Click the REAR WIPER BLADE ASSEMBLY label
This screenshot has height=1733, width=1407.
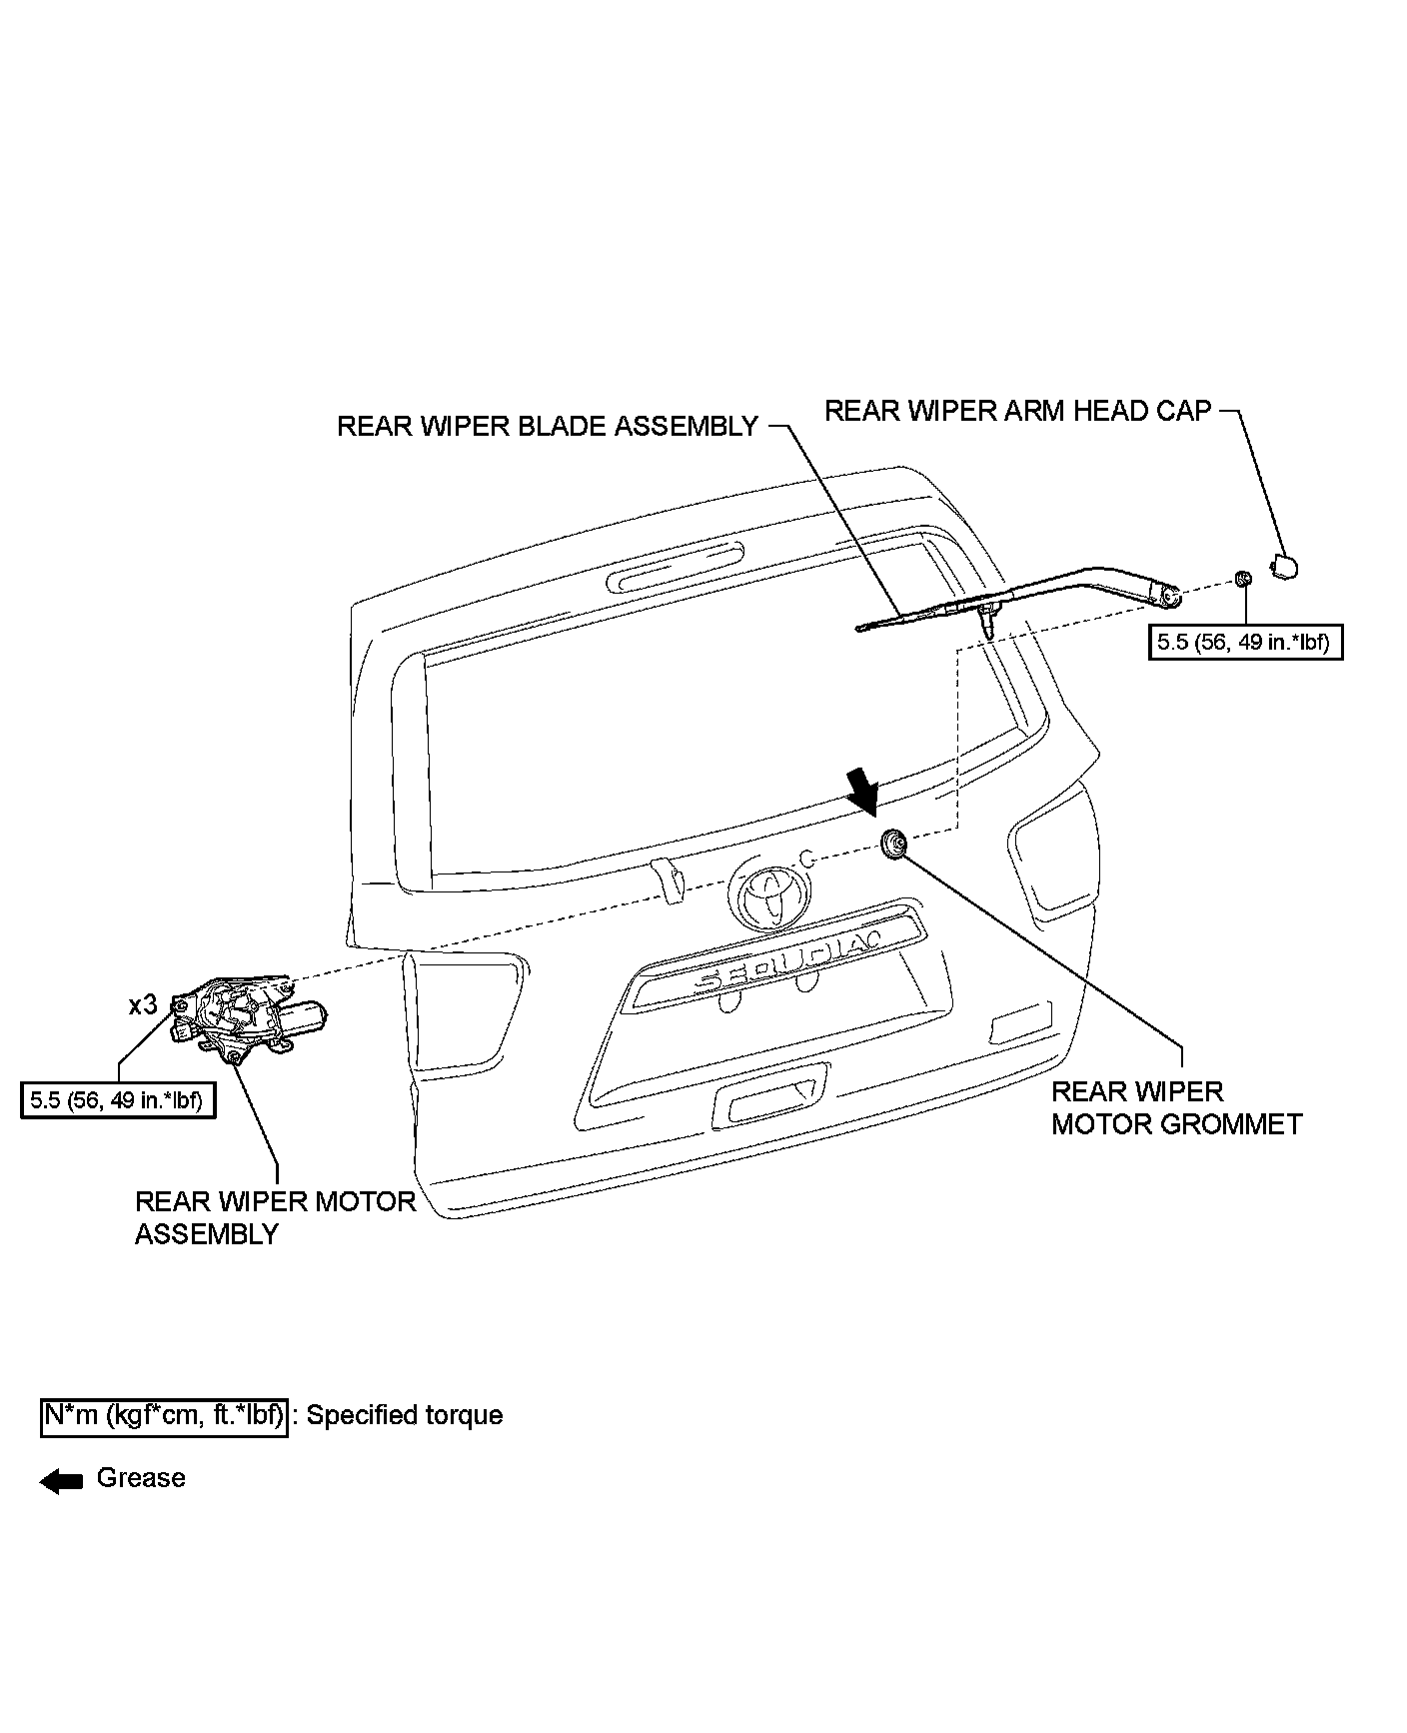[548, 427]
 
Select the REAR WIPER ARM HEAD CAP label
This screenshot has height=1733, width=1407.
[1017, 411]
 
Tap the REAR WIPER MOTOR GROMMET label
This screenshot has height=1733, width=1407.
[1176, 1107]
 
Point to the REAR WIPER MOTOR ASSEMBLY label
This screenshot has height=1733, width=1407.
[275, 1217]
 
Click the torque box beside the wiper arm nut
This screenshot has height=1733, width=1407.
[1244, 642]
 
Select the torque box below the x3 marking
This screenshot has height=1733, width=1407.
[118, 1100]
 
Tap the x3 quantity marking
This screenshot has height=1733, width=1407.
[143, 1004]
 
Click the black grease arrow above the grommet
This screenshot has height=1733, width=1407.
[861, 792]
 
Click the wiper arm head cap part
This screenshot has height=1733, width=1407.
[1283, 567]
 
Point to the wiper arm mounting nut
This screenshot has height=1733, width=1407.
[1243, 579]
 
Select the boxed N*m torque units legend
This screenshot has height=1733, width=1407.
[165, 1415]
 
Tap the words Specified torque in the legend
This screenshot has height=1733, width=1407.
[405, 1415]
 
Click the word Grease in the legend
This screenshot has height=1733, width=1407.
[141, 1478]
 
